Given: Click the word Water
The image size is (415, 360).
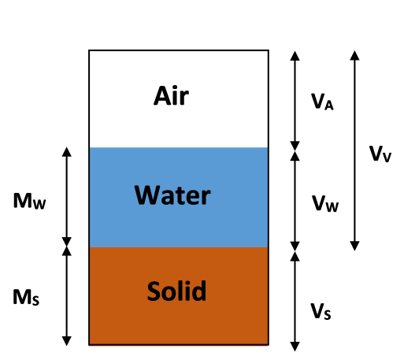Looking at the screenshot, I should click(172, 195).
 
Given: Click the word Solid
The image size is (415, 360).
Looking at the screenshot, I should click(176, 292).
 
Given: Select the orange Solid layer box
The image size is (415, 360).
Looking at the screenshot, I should click(179, 320).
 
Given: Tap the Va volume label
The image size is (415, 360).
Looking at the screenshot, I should click(322, 101).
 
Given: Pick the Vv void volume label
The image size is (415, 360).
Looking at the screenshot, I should click(377, 155).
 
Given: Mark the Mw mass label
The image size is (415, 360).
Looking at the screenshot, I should click(30, 202).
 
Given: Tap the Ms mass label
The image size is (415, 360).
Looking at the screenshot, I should click(28, 297).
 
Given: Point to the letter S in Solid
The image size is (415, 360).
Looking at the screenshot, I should click(154, 292).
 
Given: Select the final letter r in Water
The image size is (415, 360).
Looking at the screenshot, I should click(206, 197).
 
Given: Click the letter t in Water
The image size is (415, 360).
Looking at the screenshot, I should click(178, 195).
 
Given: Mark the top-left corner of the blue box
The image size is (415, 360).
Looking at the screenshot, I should click(90, 148).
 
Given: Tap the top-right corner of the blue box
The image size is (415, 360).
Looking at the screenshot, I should click(268, 148).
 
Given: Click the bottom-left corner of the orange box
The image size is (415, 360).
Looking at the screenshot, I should click(90, 343).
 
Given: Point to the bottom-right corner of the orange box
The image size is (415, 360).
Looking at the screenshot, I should click(268, 343).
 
